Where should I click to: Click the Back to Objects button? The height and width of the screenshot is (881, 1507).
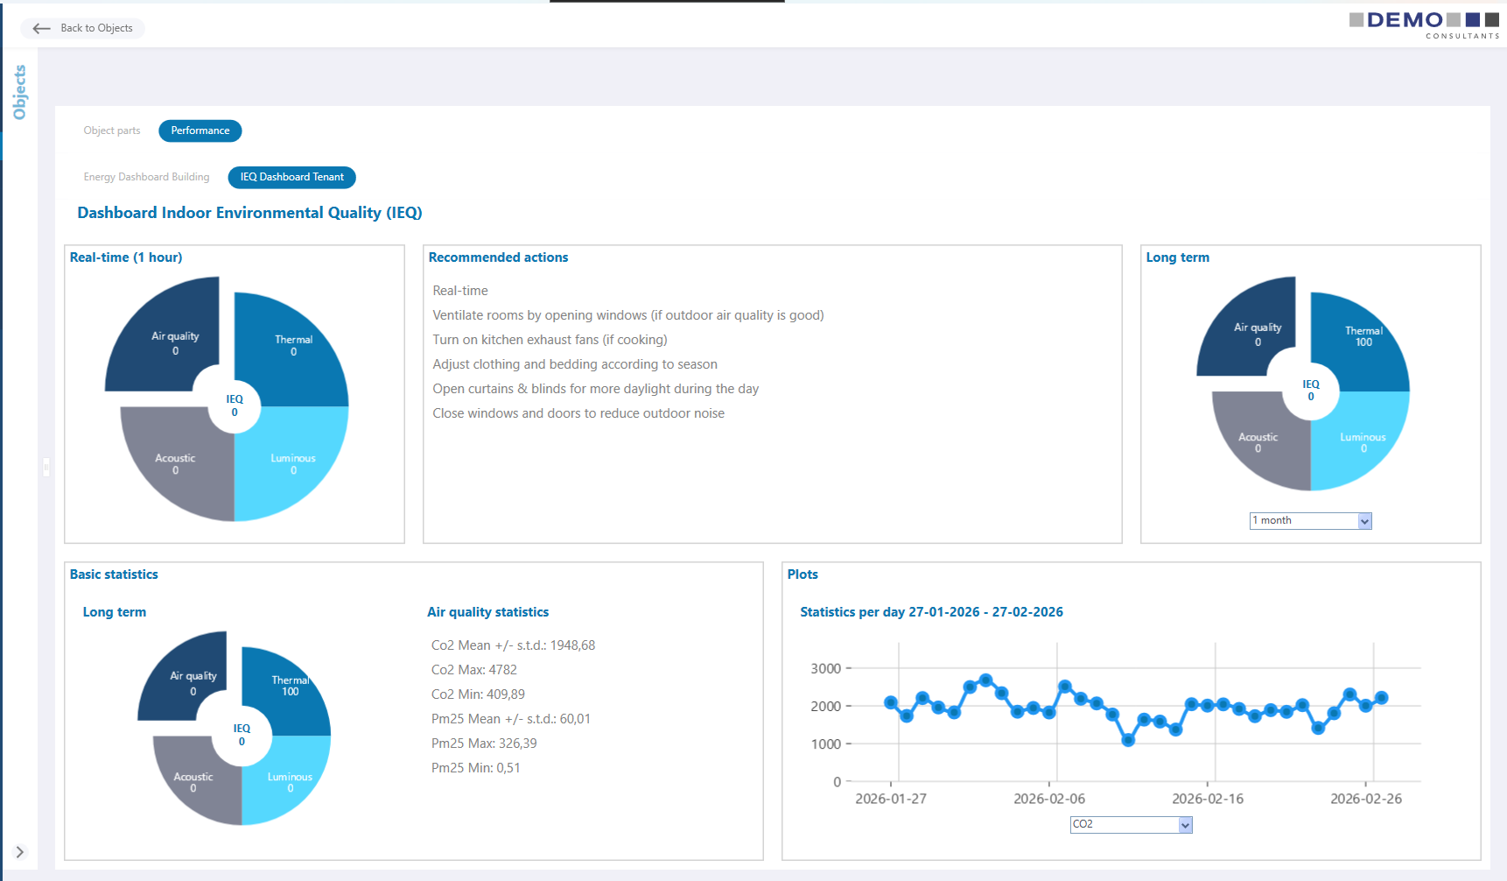[83, 28]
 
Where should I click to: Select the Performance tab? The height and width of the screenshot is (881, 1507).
[200, 130]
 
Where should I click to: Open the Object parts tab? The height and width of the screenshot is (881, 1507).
[112, 130]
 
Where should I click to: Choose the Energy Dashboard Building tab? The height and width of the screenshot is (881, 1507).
[146, 177]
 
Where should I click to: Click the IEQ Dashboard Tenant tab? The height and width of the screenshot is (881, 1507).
[291, 177]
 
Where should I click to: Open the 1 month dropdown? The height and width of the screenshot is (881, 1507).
[1310, 521]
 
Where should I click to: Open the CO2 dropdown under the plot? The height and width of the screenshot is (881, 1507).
[1131, 825]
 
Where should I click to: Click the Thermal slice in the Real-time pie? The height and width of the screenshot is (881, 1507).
[293, 346]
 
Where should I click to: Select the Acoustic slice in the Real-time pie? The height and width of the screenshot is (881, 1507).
[175, 464]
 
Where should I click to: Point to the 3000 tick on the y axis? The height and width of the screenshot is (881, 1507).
[825, 669]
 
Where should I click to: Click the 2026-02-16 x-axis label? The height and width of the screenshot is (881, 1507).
[1207, 799]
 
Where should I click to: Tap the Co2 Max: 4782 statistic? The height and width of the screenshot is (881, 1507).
[474, 670]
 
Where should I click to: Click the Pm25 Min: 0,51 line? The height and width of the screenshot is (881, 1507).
[476, 768]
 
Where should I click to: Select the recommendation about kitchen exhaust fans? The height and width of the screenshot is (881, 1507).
[550, 340]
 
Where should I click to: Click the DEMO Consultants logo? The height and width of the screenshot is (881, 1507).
[1424, 24]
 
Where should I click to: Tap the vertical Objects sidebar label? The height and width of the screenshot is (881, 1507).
[19, 92]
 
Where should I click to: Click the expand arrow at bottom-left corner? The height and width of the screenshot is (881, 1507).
[19, 852]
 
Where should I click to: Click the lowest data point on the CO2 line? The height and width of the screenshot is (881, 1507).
[1128, 740]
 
